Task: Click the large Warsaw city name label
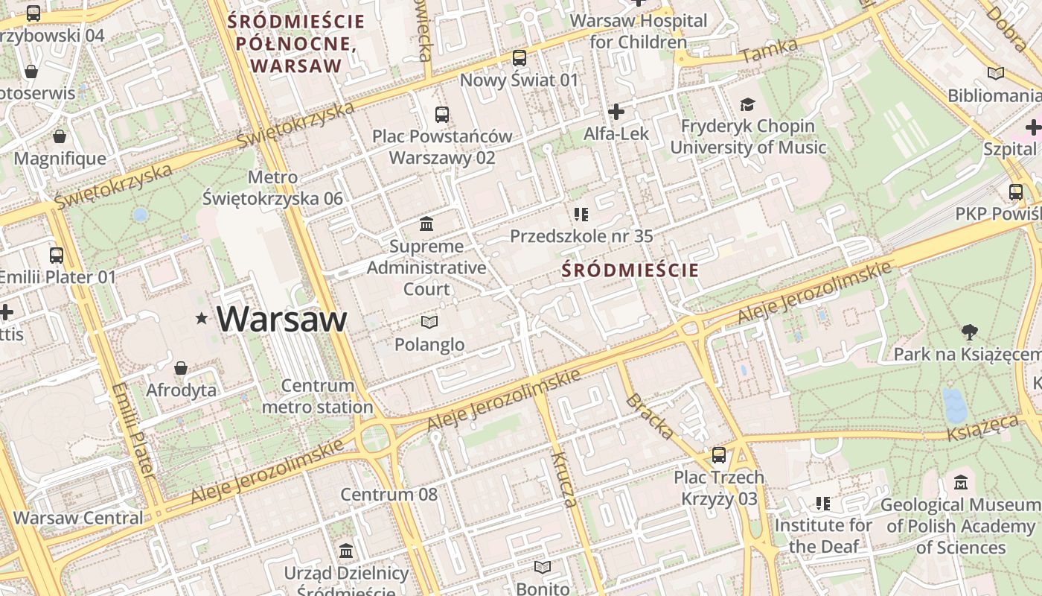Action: click(282, 319)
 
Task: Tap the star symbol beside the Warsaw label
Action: click(201, 319)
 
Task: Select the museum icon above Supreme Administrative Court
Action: click(426, 223)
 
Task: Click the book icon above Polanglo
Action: click(429, 322)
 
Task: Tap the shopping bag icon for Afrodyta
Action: click(181, 368)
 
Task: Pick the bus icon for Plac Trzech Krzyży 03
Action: click(718, 454)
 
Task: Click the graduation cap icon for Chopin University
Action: click(747, 104)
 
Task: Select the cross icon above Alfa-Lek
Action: click(616, 112)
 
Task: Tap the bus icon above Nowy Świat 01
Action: click(520, 57)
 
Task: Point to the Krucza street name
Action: click(564, 479)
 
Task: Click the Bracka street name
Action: click(651, 416)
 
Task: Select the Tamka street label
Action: click(770, 51)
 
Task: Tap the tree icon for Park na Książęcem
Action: click(968, 332)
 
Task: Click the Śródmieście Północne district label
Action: click(296, 43)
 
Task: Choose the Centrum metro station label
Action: click(318, 396)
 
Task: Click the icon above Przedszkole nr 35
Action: click(581, 215)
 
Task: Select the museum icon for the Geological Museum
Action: click(960, 483)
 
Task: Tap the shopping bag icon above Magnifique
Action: click(60, 136)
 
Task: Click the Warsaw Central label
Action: click(78, 517)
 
